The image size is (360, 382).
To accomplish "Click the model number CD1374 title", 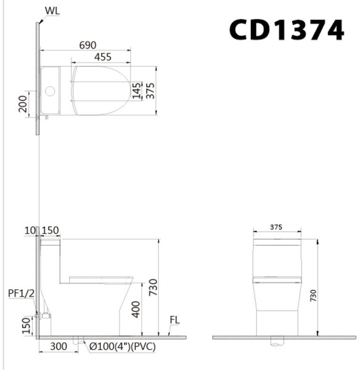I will pos(286,30).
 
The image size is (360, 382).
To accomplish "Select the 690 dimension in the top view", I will pos(88,45).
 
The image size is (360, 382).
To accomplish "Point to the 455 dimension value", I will pos(103,57).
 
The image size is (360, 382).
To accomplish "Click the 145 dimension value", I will pos(136,90).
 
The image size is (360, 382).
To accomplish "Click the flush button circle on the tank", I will pos(50,91).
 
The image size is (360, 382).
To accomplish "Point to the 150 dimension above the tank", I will pos(50,230).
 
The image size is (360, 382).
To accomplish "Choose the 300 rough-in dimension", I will pos(59,347).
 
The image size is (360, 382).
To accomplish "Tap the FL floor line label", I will pos(175,321).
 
